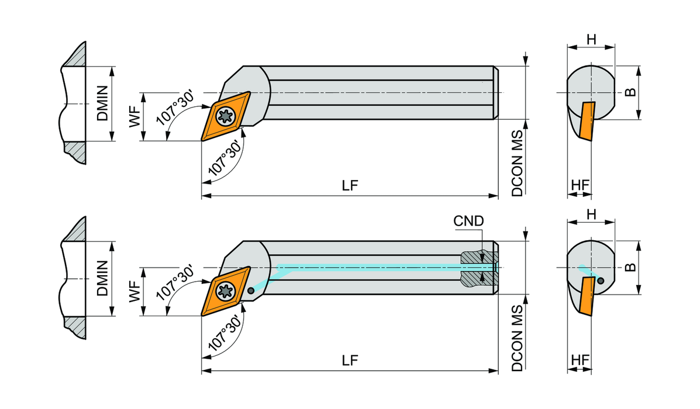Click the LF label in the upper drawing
coord(350,185)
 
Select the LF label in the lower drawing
coord(350,360)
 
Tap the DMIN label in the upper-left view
coord(103,103)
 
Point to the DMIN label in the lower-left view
coord(103,278)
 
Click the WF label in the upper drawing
coord(135,117)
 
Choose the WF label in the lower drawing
coord(135,292)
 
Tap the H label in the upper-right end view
coord(591,39)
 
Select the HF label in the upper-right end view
coord(580,185)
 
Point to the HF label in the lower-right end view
coord(580,359)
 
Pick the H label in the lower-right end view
coord(591,214)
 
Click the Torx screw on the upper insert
coord(225,116)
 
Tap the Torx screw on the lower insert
coord(225,291)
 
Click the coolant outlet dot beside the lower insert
coord(251,290)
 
